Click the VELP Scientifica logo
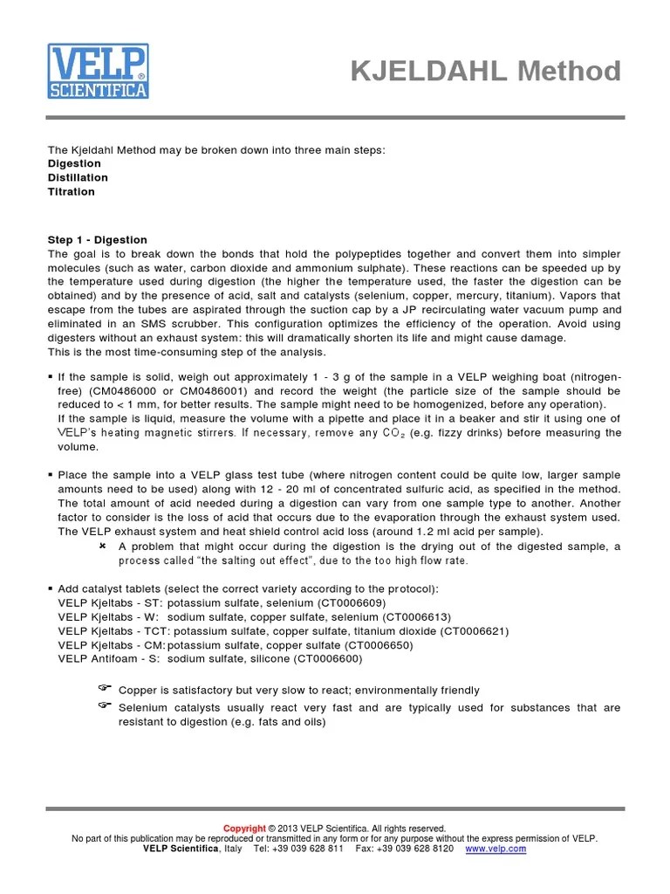click(98, 71)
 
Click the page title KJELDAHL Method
click(486, 72)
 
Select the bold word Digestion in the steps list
click(74, 163)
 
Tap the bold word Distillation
click(78, 177)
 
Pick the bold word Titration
click(71, 191)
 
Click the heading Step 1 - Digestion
click(97, 239)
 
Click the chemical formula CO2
click(391, 433)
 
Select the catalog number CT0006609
click(349, 602)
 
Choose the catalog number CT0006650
click(377, 644)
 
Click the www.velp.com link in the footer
click(496, 849)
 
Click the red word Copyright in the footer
click(244, 829)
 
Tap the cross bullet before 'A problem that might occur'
click(102, 546)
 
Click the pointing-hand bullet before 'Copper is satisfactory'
click(104, 689)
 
